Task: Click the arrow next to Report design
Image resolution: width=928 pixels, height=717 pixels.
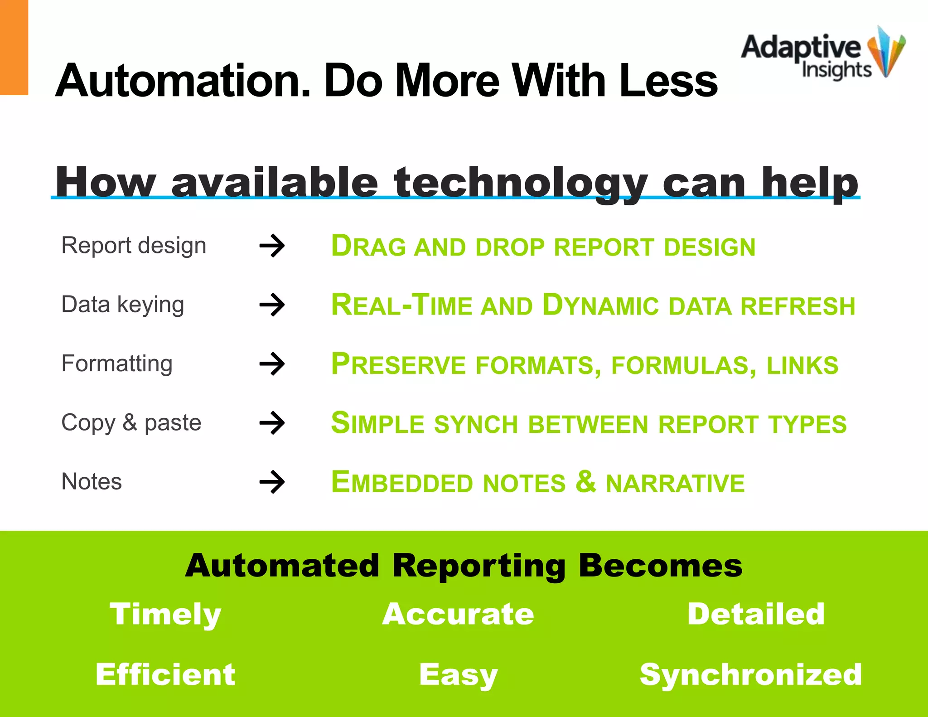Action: [272, 246]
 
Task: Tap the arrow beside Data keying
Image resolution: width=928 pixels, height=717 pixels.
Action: [272, 305]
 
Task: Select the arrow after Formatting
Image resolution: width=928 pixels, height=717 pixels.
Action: [272, 364]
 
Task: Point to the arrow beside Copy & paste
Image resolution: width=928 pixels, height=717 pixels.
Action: [272, 423]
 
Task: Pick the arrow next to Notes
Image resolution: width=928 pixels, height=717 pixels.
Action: [272, 482]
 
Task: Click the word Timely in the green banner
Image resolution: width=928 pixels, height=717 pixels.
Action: [165, 615]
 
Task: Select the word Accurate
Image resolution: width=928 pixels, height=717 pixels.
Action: [458, 615]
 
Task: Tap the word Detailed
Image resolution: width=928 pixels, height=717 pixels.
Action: [756, 615]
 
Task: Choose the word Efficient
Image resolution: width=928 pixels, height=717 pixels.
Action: [165, 674]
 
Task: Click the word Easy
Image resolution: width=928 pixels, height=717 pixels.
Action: [458, 674]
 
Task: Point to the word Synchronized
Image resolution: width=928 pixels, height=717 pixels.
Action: [750, 674]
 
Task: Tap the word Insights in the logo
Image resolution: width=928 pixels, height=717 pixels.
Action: [836, 70]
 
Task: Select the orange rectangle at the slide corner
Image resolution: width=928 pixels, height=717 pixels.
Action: [14, 47]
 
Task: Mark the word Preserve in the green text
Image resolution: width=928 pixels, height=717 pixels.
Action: [398, 364]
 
